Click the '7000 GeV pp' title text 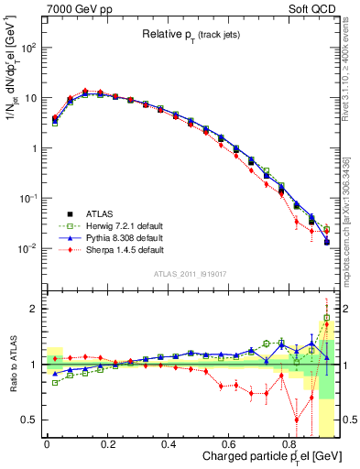[74, 8]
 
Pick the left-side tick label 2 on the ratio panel [34, 309]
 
